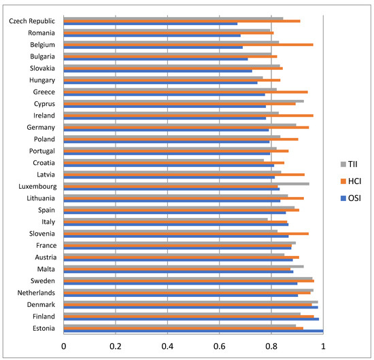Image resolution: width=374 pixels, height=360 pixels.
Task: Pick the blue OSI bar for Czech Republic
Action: (x=150, y=24)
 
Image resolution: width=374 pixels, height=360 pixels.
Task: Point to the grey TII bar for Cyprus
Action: (x=184, y=101)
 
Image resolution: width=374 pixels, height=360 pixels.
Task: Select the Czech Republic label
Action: (x=32, y=20)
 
